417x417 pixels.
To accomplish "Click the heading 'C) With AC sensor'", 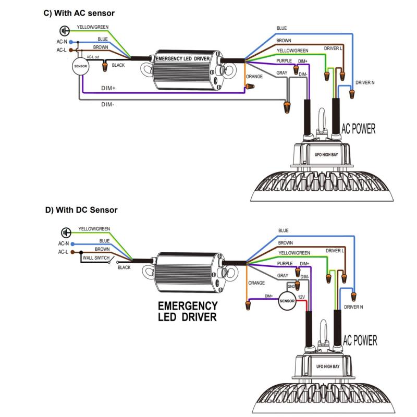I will [x=79, y=12].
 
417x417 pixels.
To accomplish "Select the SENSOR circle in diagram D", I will [x=288, y=301].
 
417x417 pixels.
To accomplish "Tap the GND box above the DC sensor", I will [x=291, y=287].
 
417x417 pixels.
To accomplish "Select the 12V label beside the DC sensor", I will [x=301, y=297].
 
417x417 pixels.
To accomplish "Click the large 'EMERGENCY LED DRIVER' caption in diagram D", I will [x=187, y=311].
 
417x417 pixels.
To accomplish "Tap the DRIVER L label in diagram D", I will [x=335, y=251].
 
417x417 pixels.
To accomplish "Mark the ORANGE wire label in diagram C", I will [x=254, y=76].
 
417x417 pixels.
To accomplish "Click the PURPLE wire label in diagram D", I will [x=285, y=264].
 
